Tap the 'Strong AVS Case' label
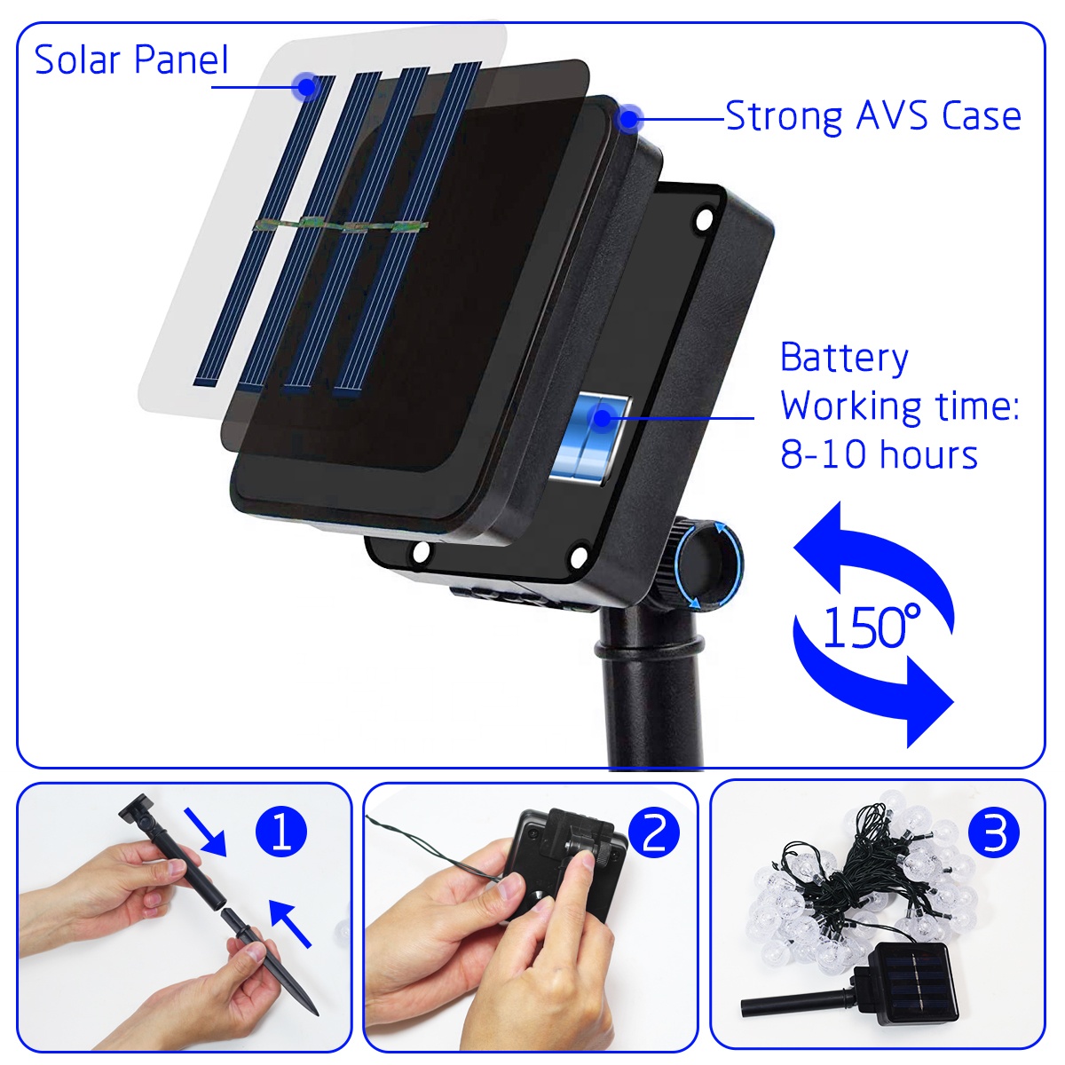tap(872, 116)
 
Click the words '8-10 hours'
tap(879, 454)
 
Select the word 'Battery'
tap(844, 359)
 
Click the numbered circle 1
tap(280, 832)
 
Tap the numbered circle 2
tap(654, 832)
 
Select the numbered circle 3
tap(994, 832)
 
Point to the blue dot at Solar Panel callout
tap(305, 86)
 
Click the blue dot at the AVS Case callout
tap(628, 118)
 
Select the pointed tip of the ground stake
tap(317, 1014)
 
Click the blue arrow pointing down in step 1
tap(206, 832)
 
